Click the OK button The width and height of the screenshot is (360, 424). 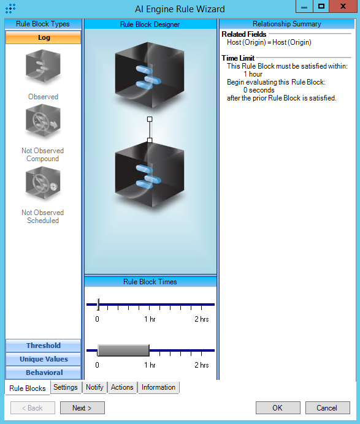pos(278,407)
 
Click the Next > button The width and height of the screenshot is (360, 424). pos(82,407)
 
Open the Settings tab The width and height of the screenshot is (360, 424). pos(65,387)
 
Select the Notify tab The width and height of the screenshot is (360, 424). pos(94,387)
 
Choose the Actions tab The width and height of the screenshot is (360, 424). pos(122,387)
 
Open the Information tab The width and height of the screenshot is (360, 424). pos(158,387)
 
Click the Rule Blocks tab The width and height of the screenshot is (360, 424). pos(28,388)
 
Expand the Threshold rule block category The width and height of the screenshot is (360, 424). pos(44,346)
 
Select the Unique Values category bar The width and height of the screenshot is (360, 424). pos(44,359)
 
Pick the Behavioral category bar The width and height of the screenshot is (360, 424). pos(44,373)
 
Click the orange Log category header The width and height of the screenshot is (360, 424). pos(44,37)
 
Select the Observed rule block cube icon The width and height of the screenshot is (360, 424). pos(43,66)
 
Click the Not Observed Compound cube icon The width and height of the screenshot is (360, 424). pos(43,122)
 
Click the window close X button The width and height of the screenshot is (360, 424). pos(343,6)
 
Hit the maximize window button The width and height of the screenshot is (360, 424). pos(321,6)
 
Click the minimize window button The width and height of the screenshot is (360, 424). pos(304,6)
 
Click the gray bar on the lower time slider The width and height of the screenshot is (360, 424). pos(123,350)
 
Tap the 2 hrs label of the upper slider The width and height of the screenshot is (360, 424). pos(202,319)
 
